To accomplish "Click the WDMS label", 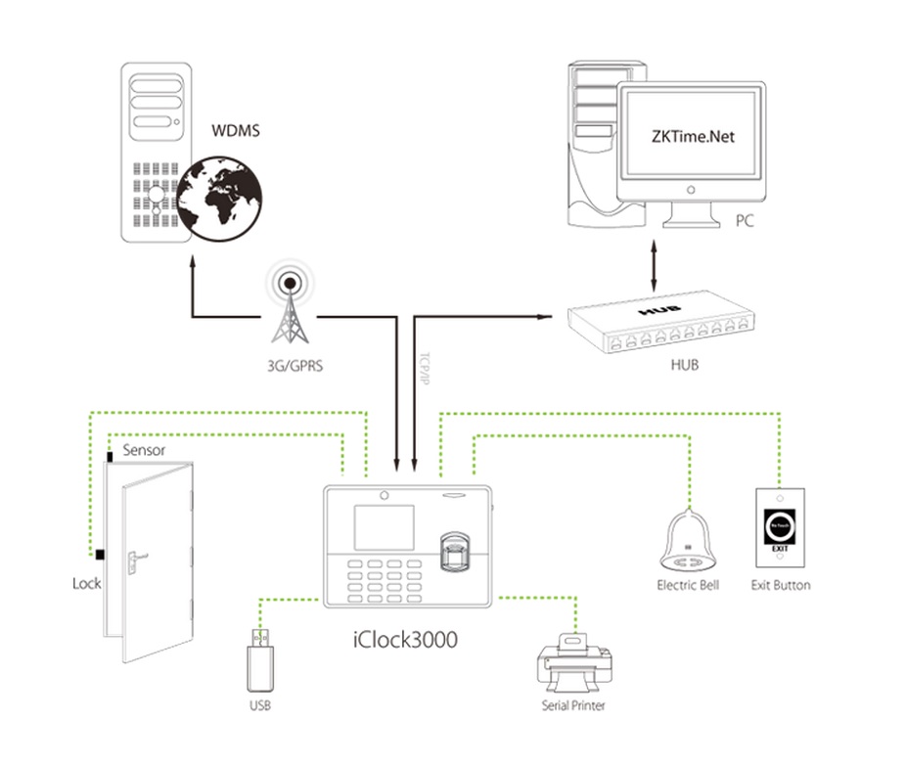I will (x=235, y=129).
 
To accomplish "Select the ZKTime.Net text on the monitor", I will (x=692, y=137).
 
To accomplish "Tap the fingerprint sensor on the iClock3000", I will (x=456, y=552).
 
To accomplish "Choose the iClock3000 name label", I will (x=404, y=640).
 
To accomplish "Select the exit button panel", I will (x=779, y=530).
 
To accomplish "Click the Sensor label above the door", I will (x=143, y=451).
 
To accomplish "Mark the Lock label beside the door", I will (x=87, y=583).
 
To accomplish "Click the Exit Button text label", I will (x=780, y=585).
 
